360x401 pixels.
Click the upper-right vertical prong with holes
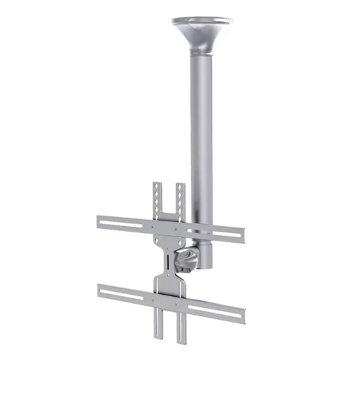coord(180,200)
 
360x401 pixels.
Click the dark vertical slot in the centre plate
coord(167,263)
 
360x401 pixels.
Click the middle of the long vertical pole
coord(202,138)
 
